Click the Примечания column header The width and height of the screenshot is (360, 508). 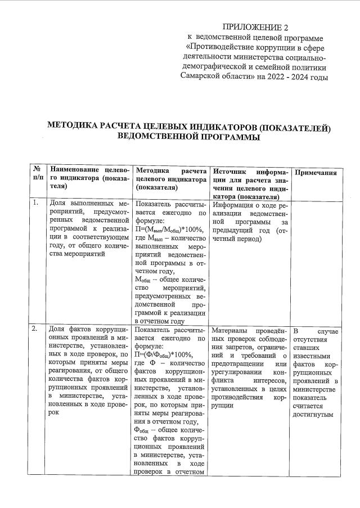coord(316,173)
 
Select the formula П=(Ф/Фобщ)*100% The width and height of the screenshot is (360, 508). coord(163,354)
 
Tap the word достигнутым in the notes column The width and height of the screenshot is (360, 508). coord(313,415)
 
